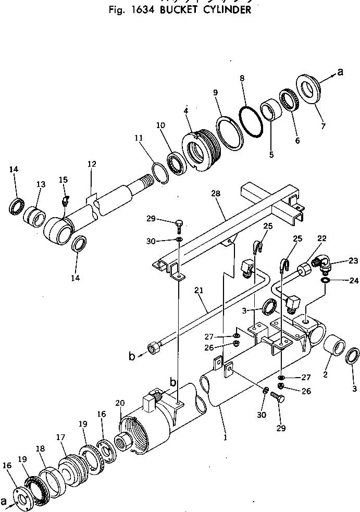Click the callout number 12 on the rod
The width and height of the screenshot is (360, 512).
[x=92, y=165]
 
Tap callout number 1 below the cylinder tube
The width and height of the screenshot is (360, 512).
[x=225, y=438]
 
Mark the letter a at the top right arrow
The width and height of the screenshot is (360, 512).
[x=340, y=72]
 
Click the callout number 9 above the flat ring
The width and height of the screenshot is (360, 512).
[x=216, y=93]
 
